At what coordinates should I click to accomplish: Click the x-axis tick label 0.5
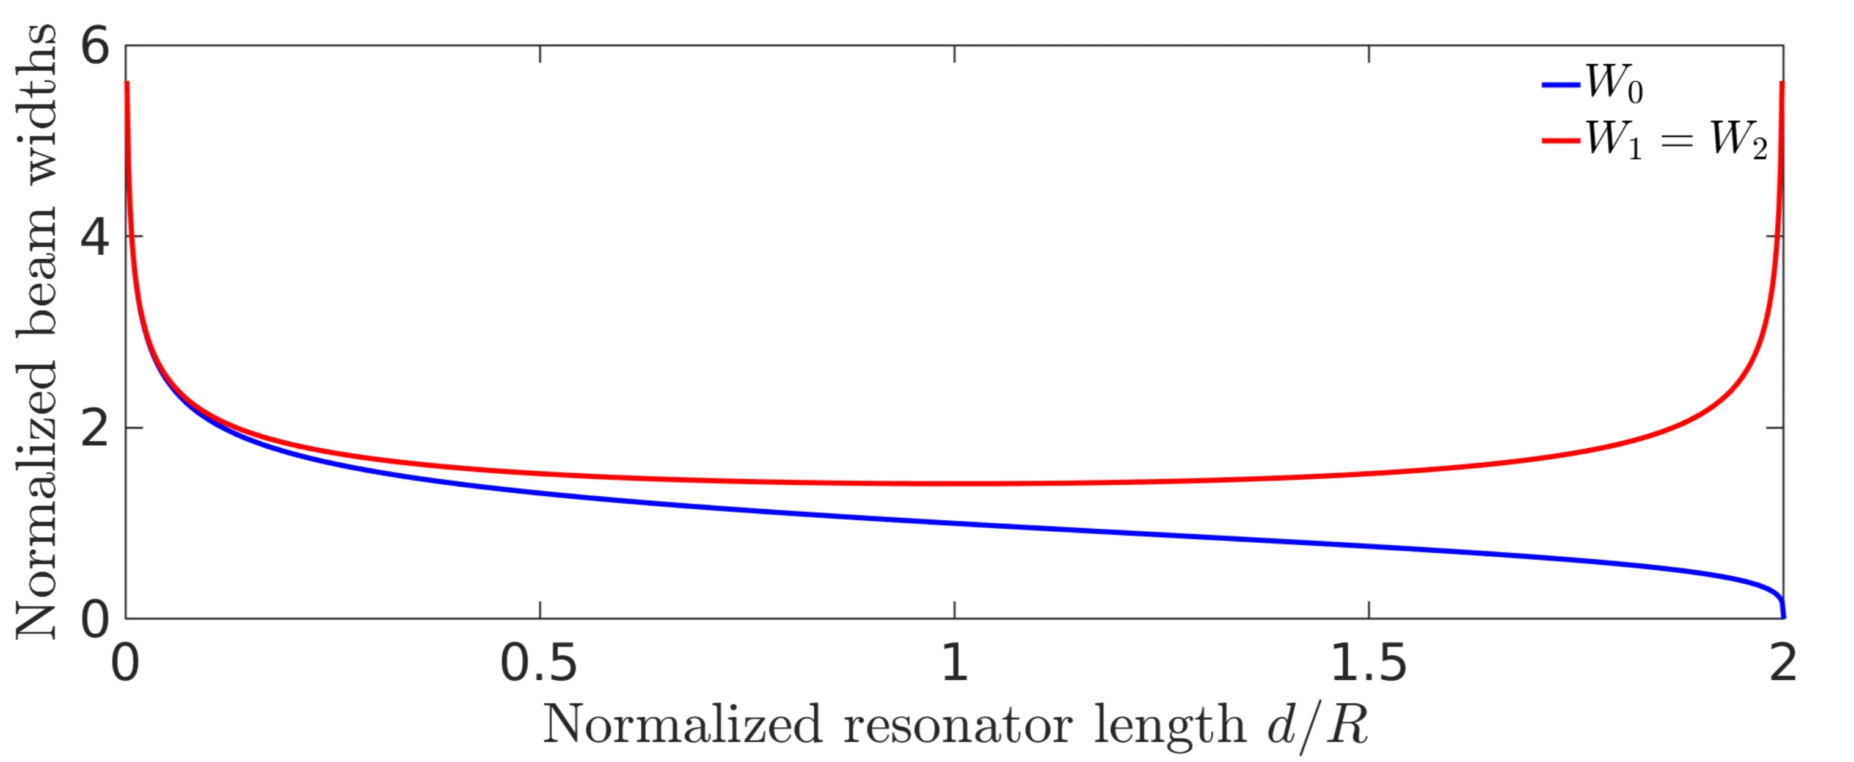pyautogui.click(x=539, y=662)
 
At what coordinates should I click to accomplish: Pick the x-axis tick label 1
pyautogui.click(x=954, y=662)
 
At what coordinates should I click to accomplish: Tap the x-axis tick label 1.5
pyautogui.click(x=1368, y=662)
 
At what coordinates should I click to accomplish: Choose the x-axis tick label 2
pyautogui.click(x=1783, y=662)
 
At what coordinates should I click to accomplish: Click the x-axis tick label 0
pyautogui.click(x=125, y=662)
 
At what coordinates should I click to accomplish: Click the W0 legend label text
pyautogui.click(x=1613, y=84)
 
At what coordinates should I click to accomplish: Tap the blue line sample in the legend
pyautogui.click(x=1560, y=84)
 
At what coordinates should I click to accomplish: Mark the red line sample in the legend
pyautogui.click(x=1560, y=140)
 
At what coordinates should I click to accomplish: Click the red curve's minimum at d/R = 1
pyautogui.click(x=954, y=484)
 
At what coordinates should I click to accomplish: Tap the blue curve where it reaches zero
pyautogui.click(x=1783, y=617)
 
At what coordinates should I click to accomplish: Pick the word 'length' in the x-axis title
pyautogui.click(x=1170, y=725)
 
